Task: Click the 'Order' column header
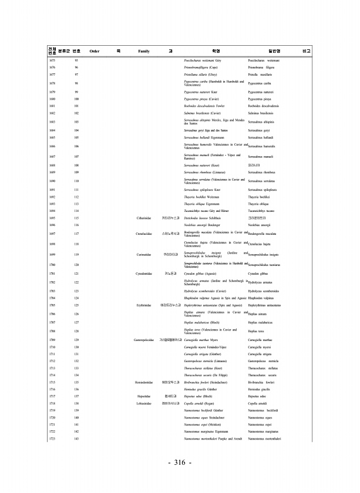94,52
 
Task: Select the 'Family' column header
144,52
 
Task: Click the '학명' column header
215,52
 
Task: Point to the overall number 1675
52,60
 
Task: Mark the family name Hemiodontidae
144,399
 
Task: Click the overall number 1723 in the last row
52,455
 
